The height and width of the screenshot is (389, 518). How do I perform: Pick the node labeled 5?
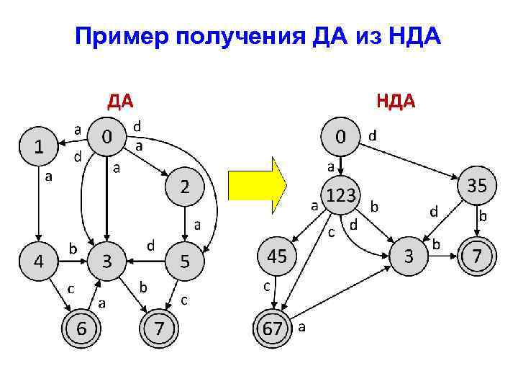tap(184, 262)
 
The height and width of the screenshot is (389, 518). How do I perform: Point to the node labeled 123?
tap(340, 194)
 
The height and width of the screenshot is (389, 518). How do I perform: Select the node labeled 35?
tap(477, 186)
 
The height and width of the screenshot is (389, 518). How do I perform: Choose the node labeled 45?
tap(277, 255)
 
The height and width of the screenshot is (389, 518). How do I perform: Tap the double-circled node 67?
tap(273, 328)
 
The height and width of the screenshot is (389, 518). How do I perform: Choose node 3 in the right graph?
tap(409, 255)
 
